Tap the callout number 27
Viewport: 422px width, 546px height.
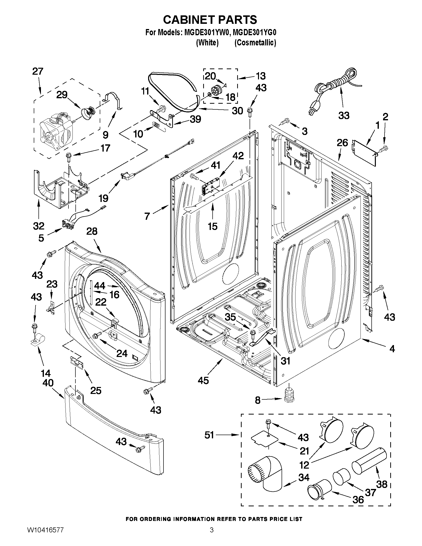click(38, 71)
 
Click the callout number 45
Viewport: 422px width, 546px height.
click(203, 381)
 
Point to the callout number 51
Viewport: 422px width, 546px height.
click(209, 435)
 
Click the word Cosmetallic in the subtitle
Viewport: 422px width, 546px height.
click(255, 43)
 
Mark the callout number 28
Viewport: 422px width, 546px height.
click(92, 231)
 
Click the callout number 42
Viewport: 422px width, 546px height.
click(238, 156)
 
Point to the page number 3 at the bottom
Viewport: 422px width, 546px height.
click(212, 537)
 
